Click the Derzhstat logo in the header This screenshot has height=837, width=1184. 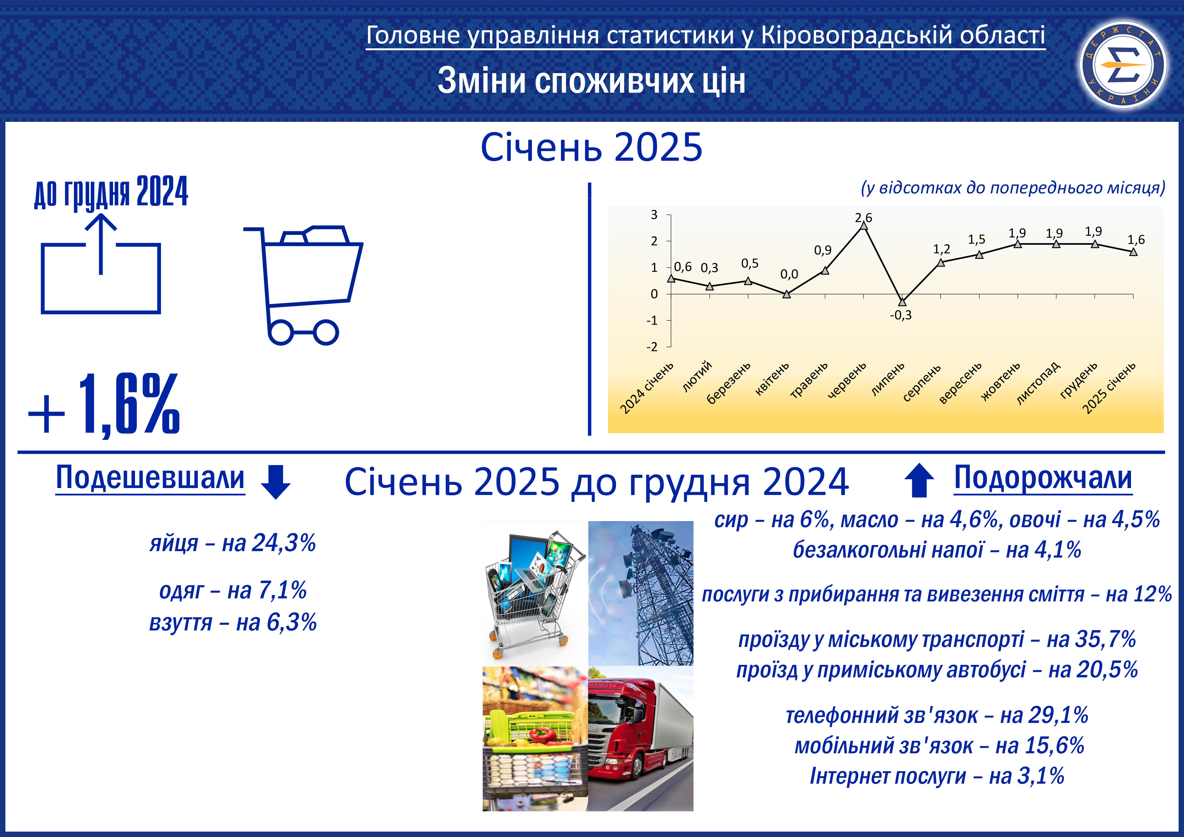tap(1123, 64)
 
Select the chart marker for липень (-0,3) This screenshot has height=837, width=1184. tap(902, 302)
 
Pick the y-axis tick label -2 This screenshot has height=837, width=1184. tap(652, 347)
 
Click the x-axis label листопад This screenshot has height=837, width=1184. tap(1038, 383)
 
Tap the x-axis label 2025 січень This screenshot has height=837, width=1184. tap(1109, 388)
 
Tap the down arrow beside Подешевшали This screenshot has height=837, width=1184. tap(276, 482)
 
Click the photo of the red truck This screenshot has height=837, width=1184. tap(641, 738)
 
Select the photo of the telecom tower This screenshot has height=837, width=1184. tap(641, 593)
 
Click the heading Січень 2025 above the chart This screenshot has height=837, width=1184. tap(591, 147)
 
